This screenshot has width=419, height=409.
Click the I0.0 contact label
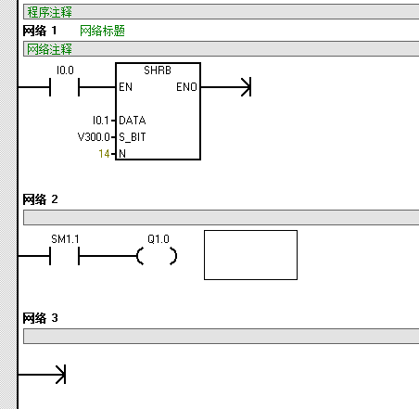click(x=65, y=70)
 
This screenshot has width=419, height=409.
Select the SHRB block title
click(x=158, y=70)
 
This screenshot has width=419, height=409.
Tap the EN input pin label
click(x=125, y=87)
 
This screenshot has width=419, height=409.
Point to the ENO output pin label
click(x=186, y=87)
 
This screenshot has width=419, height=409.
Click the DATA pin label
click(x=133, y=121)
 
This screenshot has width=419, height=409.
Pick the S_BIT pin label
click(x=133, y=137)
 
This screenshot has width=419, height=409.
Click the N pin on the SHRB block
click(x=122, y=154)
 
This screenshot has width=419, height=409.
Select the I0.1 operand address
click(x=101, y=121)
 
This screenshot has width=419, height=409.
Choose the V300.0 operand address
click(x=94, y=137)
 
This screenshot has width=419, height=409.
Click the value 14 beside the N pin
click(x=104, y=154)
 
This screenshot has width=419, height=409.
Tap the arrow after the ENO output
click(x=226, y=87)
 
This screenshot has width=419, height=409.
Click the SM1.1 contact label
click(x=65, y=239)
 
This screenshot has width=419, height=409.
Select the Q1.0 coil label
click(x=159, y=239)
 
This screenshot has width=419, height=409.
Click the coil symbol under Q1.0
click(x=140, y=256)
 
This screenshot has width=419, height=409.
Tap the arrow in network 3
click(x=42, y=375)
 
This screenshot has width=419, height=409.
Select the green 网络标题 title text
click(x=102, y=31)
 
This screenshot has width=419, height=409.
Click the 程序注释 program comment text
click(x=49, y=12)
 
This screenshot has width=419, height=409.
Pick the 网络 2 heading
click(x=40, y=199)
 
